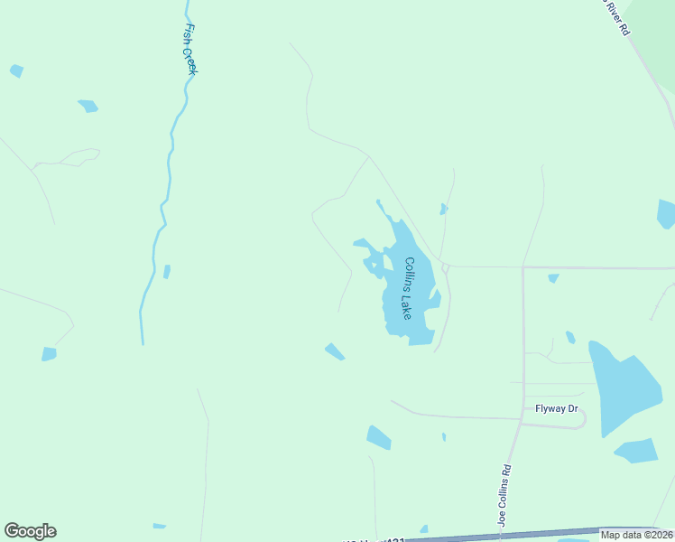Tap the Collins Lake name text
408,288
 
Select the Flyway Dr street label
556,408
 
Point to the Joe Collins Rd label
505,495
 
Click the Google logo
30,531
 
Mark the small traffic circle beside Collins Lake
446,267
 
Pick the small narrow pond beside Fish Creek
167,271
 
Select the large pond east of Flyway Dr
622,386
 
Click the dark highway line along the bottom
505,536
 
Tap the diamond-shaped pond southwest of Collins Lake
335,351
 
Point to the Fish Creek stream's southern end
142,341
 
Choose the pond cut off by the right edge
666,214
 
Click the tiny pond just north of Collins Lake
443,210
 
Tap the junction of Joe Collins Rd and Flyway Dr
522,417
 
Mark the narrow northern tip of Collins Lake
379,202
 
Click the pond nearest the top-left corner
16,70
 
